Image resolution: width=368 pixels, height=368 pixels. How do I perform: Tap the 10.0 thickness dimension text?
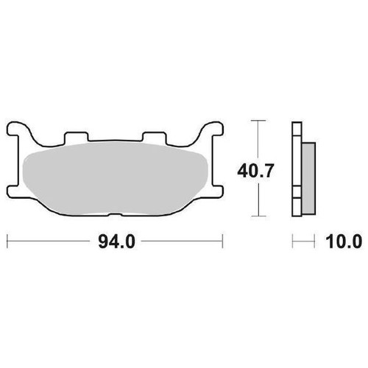coord(344,241)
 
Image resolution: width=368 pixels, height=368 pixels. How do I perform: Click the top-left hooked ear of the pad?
coord(21,132)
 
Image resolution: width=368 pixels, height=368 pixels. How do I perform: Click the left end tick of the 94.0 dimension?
coord(7,241)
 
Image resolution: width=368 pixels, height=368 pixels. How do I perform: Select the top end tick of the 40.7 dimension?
coord(257,120)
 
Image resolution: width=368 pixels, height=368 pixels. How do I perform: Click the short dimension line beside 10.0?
coord(302,241)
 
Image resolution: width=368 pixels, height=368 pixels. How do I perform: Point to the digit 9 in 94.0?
coord(102,241)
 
